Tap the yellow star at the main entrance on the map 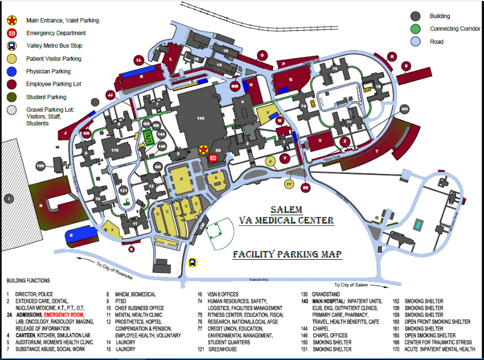click(203, 149)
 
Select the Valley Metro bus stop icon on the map click(192, 262)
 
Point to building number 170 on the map click(114, 150)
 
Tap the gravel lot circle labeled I click(8, 197)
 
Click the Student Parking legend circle click(11, 97)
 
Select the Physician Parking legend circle click(11, 72)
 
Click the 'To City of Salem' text click(351, 285)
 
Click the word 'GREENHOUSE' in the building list click(222, 349)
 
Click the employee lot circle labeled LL click(139, 59)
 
